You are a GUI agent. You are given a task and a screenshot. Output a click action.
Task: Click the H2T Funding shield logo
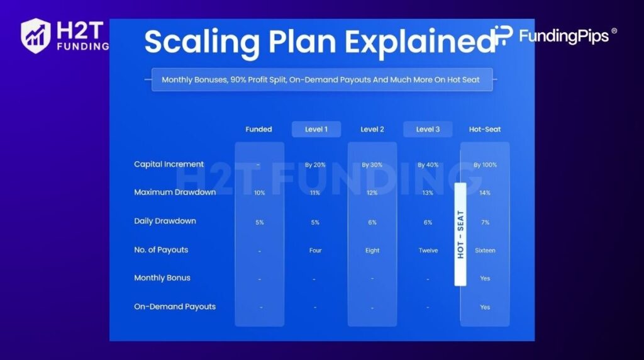point(36,36)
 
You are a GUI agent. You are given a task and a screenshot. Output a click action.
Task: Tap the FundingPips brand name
point(563,36)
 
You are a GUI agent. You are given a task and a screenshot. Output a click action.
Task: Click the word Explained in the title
point(419,42)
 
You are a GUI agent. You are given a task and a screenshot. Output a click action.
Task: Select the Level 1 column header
point(316,129)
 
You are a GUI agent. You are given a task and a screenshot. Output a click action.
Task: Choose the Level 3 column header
point(428,129)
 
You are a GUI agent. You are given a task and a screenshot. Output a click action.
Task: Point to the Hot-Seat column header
point(485,129)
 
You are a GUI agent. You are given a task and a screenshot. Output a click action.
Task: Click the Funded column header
point(258,129)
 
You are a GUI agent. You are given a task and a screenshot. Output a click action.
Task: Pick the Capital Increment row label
point(169,164)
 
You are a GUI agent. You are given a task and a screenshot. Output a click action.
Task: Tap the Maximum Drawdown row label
point(175,192)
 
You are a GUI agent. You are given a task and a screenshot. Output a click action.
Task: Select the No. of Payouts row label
point(161,250)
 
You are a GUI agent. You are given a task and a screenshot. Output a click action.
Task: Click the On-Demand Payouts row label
point(175,307)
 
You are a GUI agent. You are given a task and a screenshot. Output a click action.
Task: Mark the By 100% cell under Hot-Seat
point(485,165)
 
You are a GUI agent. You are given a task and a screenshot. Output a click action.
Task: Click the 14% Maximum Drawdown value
point(485,193)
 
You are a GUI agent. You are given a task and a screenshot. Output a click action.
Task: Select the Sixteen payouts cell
point(485,250)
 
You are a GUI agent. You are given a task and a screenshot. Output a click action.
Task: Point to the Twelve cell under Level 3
point(428,250)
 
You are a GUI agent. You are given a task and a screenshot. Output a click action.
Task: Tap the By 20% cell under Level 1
point(315,165)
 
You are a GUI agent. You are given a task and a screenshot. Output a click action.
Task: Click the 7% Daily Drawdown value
point(485,222)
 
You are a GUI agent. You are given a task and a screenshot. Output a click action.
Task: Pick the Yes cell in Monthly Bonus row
point(485,278)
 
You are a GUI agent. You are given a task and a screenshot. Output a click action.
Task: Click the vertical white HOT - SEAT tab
point(460,234)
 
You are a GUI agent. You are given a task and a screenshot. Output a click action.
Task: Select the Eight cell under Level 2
point(372,250)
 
